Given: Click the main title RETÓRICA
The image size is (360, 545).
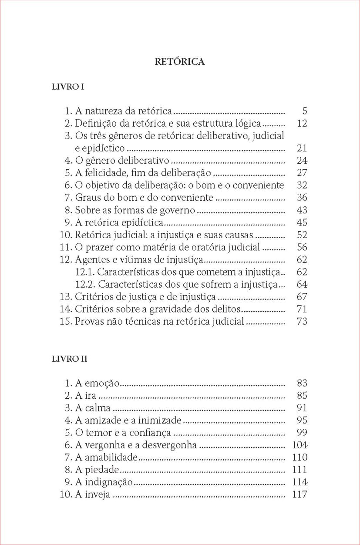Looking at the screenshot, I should point(180,62).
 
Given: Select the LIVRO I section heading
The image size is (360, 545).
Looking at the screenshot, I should point(68,87).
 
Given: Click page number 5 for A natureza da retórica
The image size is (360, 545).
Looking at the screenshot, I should point(305,111).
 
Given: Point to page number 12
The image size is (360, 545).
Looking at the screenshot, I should point(302,123).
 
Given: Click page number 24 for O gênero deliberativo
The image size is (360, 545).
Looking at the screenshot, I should point(302,161).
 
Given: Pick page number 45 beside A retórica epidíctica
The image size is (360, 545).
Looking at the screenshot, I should point(302,222).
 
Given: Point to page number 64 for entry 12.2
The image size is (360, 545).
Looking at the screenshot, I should point(302,285).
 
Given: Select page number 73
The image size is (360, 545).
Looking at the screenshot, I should point(302,322).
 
